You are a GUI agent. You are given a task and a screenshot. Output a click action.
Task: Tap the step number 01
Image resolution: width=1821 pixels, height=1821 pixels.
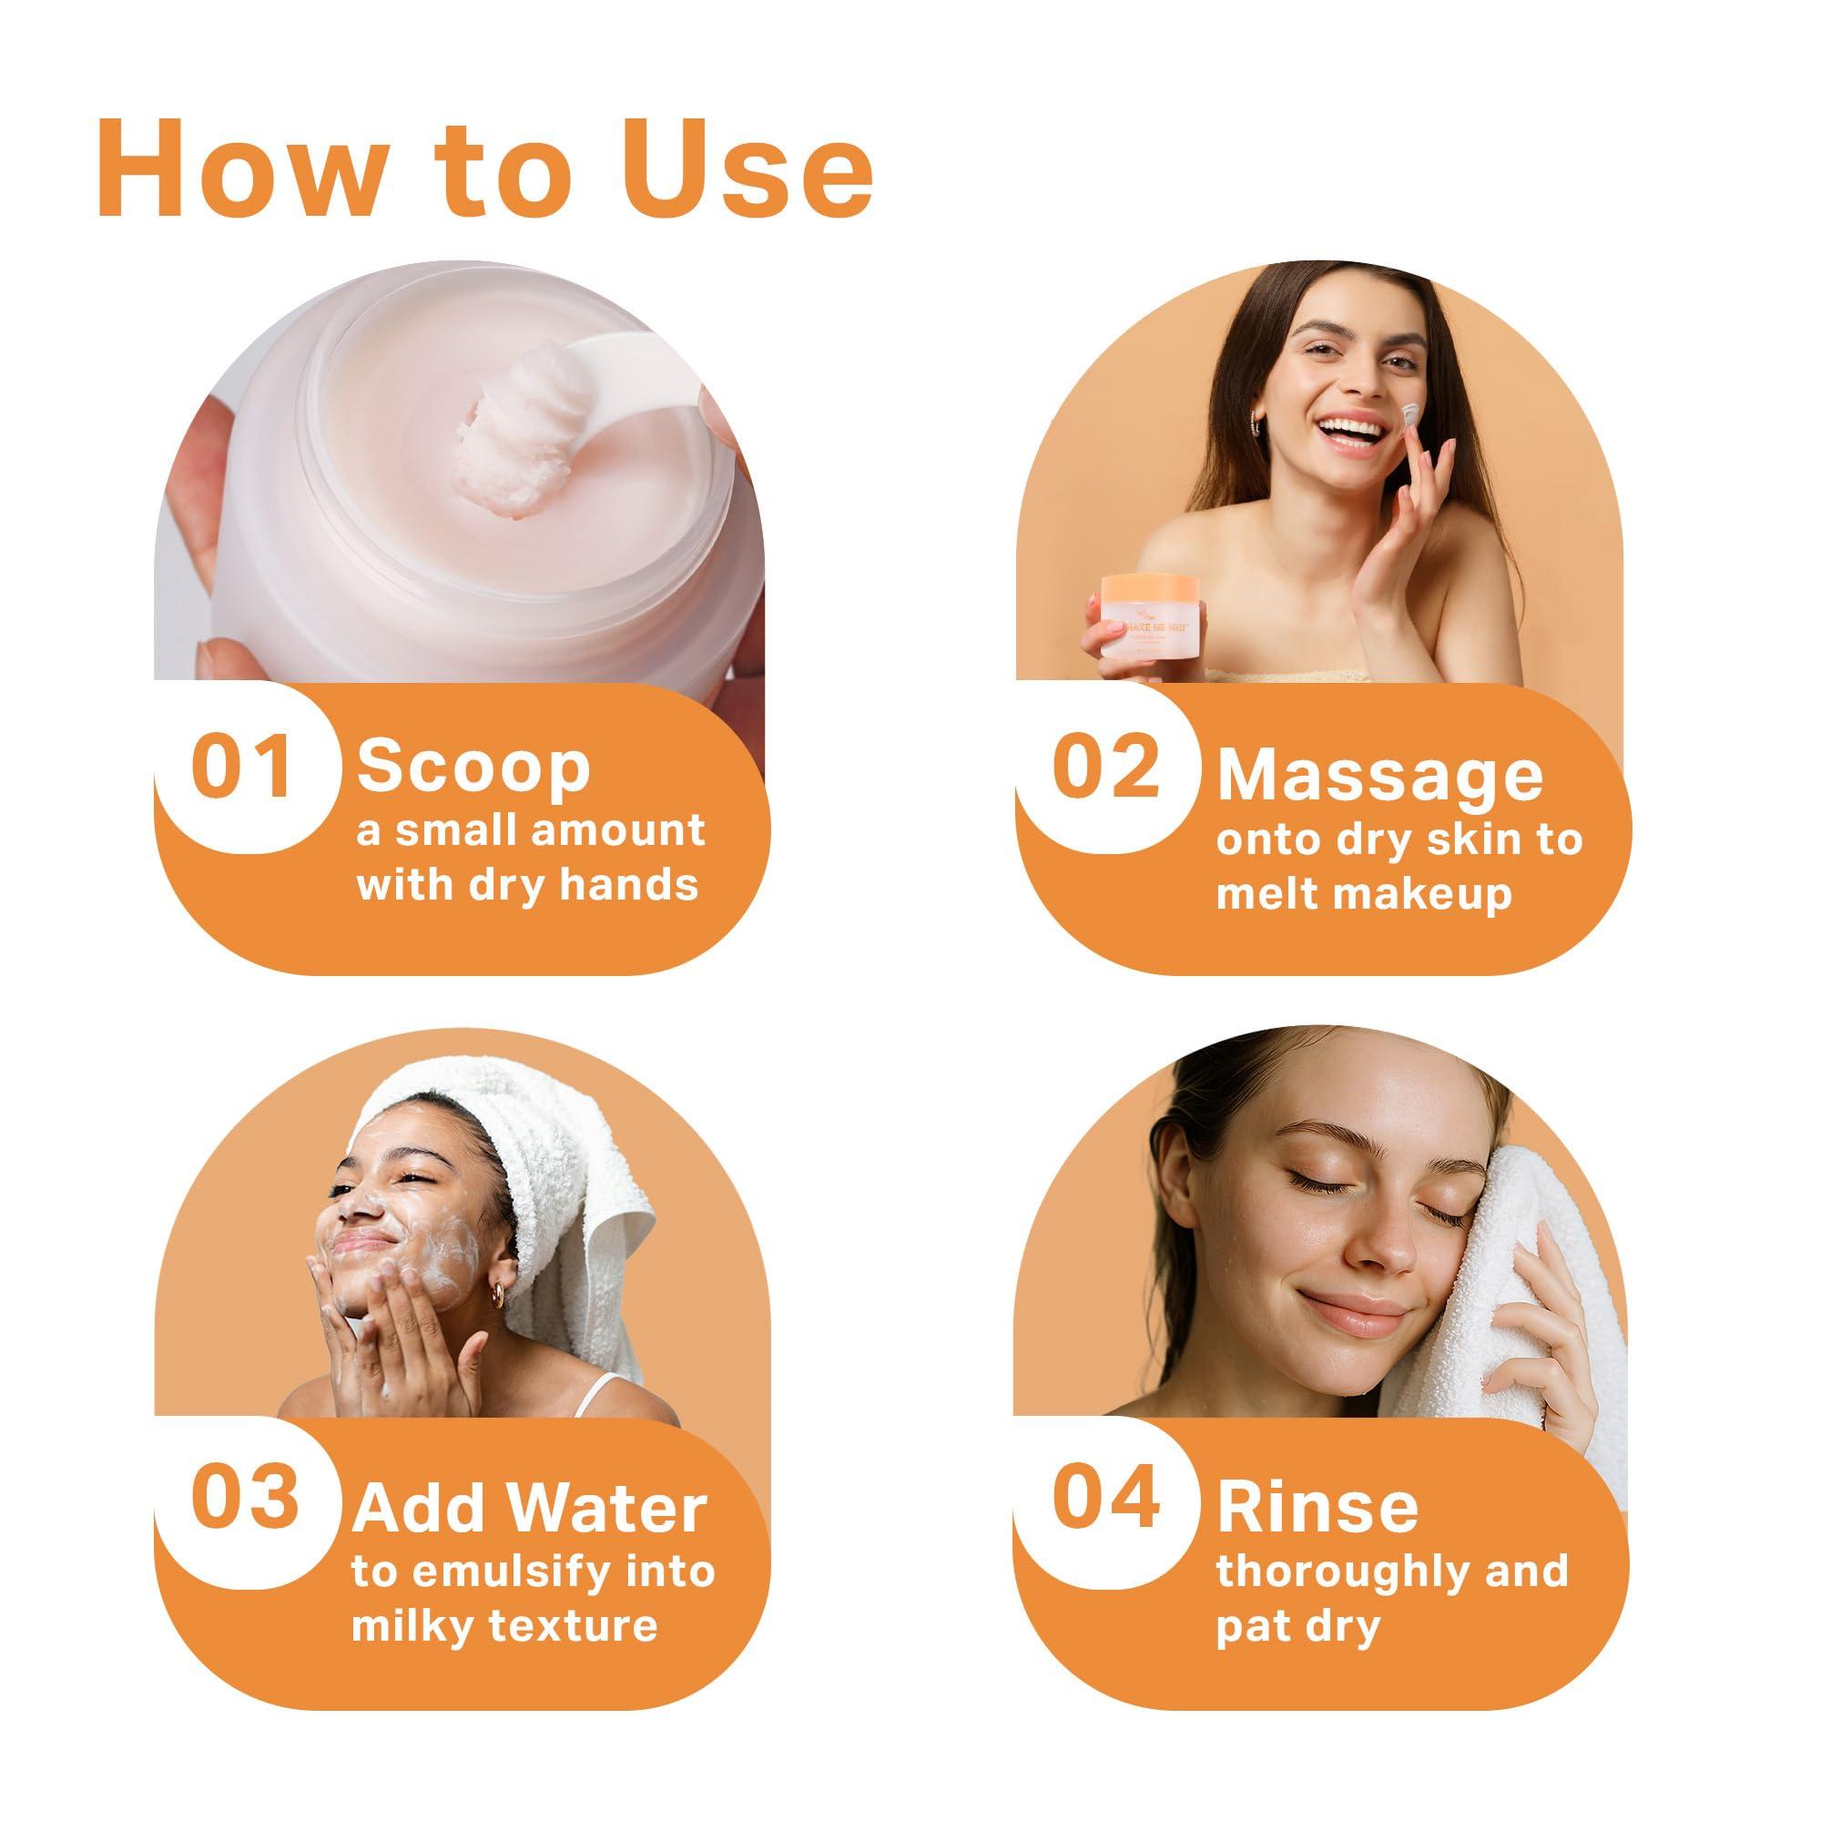click(x=241, y=768)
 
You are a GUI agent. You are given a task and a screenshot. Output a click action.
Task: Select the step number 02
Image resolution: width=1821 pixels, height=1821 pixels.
click(x=1104, y=768)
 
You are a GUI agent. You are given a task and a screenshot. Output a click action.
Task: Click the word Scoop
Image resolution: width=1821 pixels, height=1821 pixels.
click(x=473, y=768)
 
